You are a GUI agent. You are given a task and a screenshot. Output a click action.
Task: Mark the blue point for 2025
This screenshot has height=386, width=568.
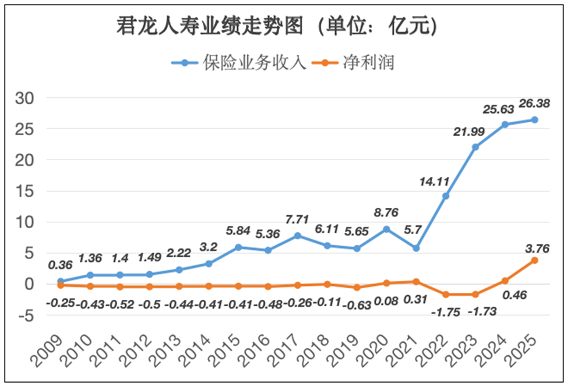[534, 120]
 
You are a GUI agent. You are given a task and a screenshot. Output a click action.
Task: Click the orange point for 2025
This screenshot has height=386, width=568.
[534, 260]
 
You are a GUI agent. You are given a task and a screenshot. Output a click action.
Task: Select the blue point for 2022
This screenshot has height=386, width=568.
[445, 196]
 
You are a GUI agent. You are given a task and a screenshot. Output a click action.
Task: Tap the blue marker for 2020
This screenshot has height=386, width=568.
[386, 229]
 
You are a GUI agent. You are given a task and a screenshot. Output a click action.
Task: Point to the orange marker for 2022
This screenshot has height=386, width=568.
[445, 295]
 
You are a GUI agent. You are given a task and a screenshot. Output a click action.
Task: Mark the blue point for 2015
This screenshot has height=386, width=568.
[238, 247]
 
